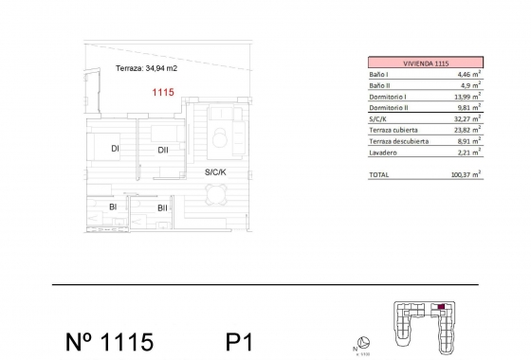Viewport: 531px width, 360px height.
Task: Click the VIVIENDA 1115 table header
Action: point(426,63)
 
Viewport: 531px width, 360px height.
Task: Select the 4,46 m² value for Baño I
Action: point(469,74)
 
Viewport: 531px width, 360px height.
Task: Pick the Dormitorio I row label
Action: point(388,97)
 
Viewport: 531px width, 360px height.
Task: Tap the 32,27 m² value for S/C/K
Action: point(467,118)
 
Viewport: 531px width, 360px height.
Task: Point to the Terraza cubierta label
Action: point(394,130)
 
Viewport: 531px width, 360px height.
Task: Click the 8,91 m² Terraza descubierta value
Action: point(469,141)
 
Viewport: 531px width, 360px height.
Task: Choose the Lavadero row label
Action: point(383,153)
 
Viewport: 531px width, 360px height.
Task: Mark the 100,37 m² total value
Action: point(466,174)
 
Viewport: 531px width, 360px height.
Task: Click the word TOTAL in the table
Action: point(379,175)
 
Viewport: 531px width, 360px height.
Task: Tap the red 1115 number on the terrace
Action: point(163,92)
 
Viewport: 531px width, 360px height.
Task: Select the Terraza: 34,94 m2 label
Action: point(146,68)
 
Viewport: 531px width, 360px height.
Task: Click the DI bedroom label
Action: point(115,148)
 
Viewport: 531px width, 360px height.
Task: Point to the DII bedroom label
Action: point(163,150)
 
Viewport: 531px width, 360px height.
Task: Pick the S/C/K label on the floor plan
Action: point(215,172)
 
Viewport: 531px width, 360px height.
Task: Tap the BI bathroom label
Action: point(113,207)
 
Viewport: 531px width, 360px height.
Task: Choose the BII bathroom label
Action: point(162,208)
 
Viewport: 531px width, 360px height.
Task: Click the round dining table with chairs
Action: point(216,194)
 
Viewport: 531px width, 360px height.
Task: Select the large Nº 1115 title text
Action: point(109,342)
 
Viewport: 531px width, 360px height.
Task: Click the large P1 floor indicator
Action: point(239,342)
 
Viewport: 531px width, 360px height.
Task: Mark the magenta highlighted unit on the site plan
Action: point(441,307)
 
